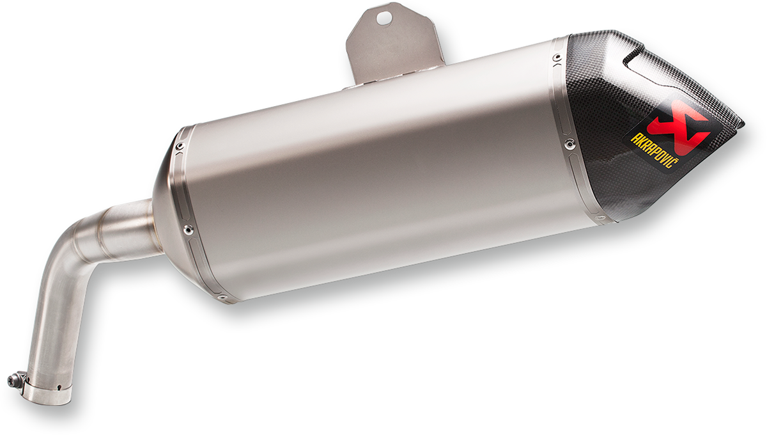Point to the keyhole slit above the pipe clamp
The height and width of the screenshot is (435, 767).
click(58, 386)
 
